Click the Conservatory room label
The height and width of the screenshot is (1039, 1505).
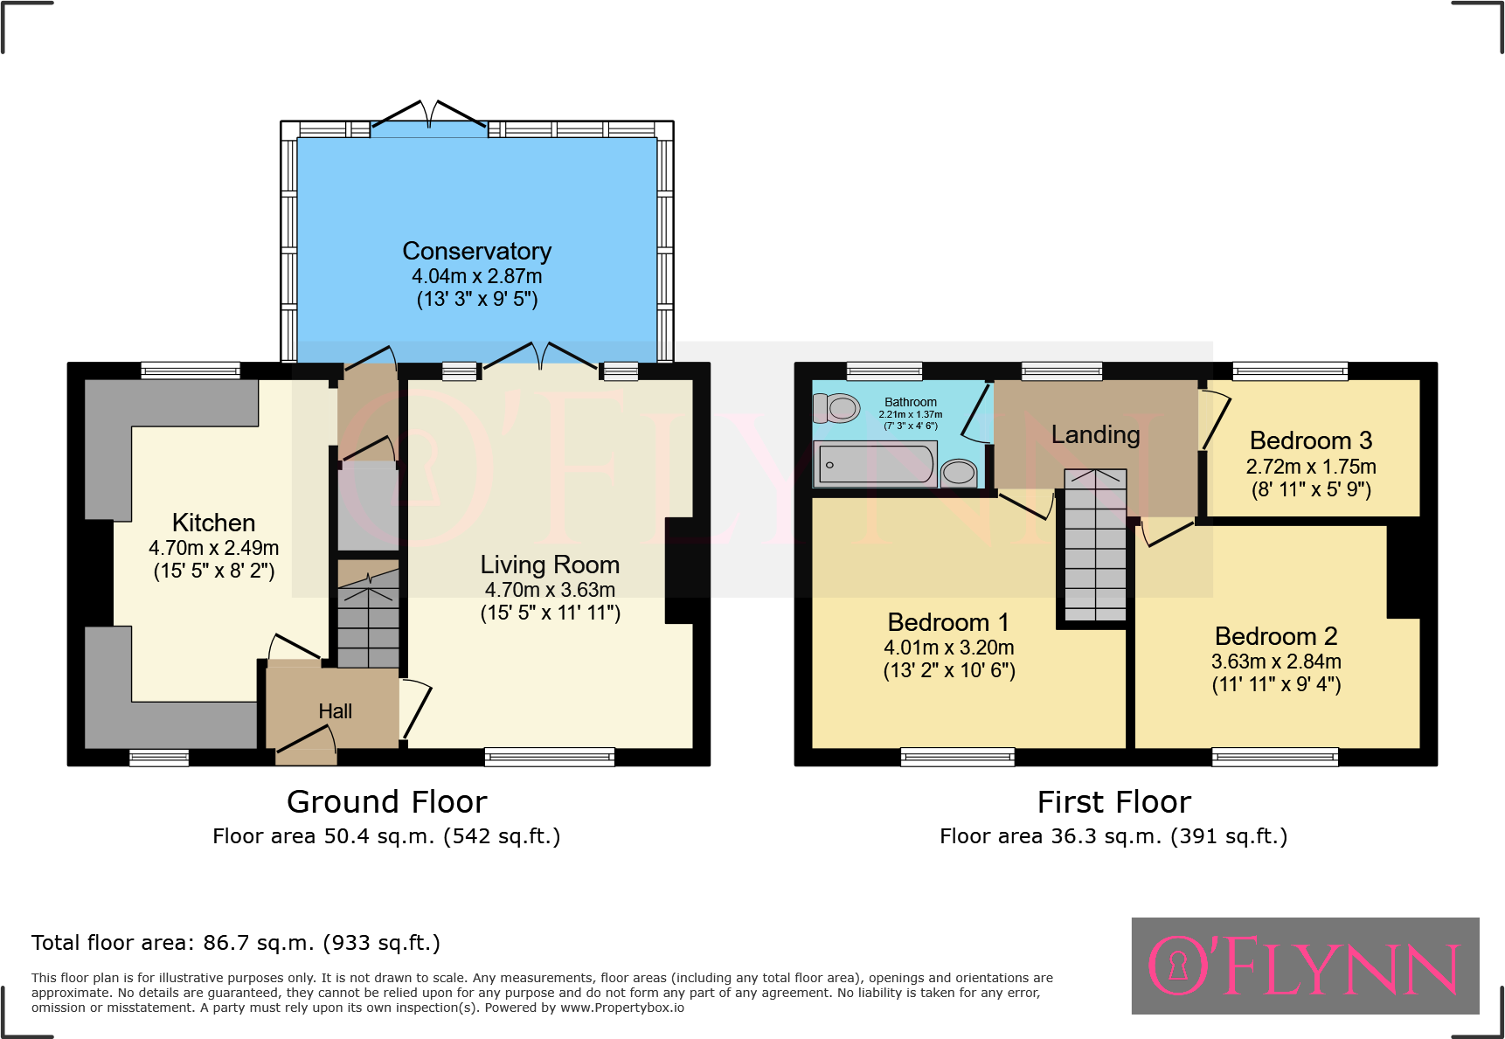[x=476, y=252]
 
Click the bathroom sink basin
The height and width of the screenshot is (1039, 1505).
[x=959, y=473]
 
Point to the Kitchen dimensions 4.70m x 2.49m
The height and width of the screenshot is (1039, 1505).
[x=213, y=548]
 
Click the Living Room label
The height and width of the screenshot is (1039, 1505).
[x=550, y=565]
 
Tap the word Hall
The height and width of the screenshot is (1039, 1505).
[x=335, y=711]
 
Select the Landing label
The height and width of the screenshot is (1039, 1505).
[x=1095, y=434]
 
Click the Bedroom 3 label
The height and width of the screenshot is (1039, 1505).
[x=1310, y=440]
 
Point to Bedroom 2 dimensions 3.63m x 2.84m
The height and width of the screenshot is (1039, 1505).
[x=1275, y=661]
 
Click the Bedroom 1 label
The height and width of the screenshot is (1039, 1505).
[x=948, y=622]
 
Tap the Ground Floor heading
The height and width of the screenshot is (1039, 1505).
[x=386, y=801]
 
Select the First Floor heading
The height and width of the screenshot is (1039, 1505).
[x=1113, y=801]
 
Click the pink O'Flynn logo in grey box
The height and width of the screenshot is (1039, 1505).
[x=1304, y=966]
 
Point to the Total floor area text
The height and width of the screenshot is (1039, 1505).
[x=235, y=943]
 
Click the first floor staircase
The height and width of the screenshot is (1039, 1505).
[x=1095, y=546]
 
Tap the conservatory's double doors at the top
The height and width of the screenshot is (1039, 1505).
[x=429, y=119]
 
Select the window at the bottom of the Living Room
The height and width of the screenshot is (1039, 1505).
[x=549, y=757]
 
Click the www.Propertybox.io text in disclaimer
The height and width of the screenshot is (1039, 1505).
[x=622, y=1008]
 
